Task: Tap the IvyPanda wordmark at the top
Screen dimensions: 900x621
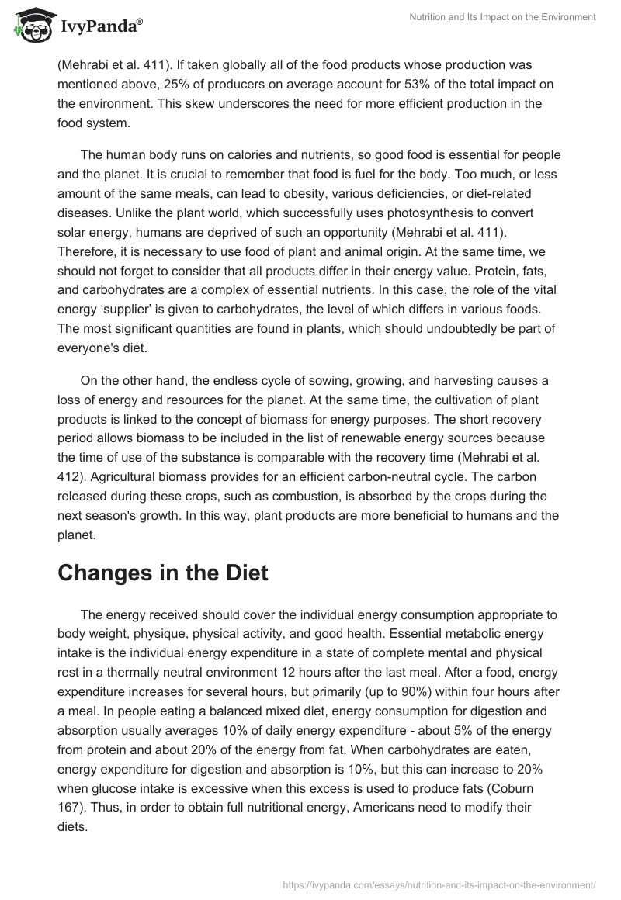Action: (x=101, y=26)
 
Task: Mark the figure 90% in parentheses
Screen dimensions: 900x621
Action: (x=340, y=692)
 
